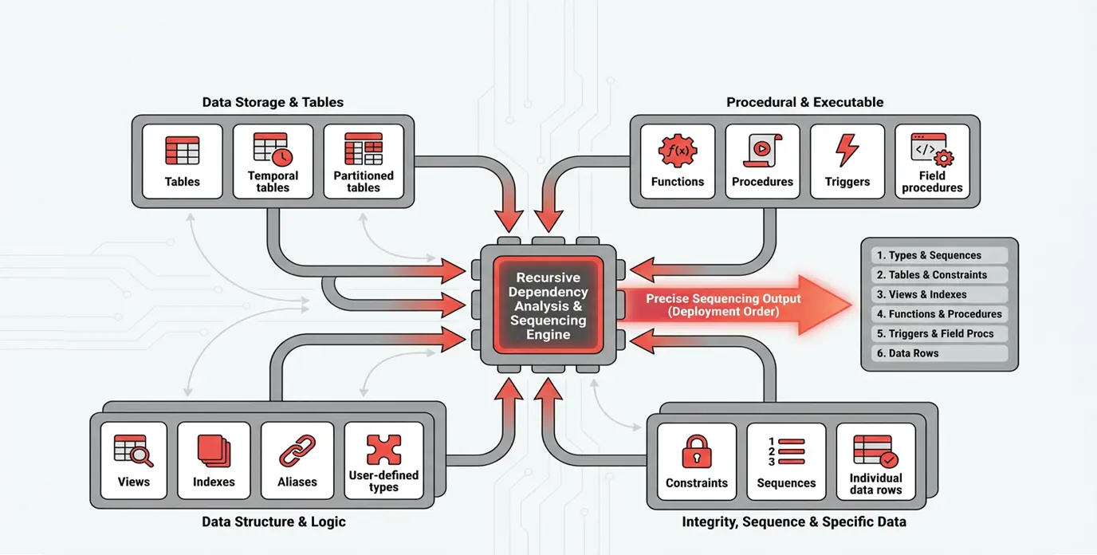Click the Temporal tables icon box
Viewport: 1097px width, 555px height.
pos(273,161)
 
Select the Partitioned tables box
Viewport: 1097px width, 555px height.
pos(364,161)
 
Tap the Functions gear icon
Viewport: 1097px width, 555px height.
pos(678,151)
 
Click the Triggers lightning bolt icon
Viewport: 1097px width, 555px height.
pos(847,151)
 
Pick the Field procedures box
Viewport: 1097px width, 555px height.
pos(932,161)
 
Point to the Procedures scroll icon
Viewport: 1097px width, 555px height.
pos(762,150)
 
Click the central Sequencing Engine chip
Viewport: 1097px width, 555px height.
pos(548,305)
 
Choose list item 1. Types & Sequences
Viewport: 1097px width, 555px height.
pos(938,255)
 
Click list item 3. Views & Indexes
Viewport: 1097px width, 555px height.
pos(938,294)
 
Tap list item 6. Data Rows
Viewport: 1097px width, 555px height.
pos(938,353)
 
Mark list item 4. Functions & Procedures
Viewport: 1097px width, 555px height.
pos(938,314)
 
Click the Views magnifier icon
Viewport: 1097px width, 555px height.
pos(133,451)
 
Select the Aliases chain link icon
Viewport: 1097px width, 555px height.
pos(297,451)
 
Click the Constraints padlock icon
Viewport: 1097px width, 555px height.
pos(696,451)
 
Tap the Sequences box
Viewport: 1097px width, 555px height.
pos(786,462)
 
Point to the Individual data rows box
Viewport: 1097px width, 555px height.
pos(875,462)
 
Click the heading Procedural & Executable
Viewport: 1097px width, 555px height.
pos(804,102)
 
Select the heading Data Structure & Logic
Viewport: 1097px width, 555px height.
pos(273,522)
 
